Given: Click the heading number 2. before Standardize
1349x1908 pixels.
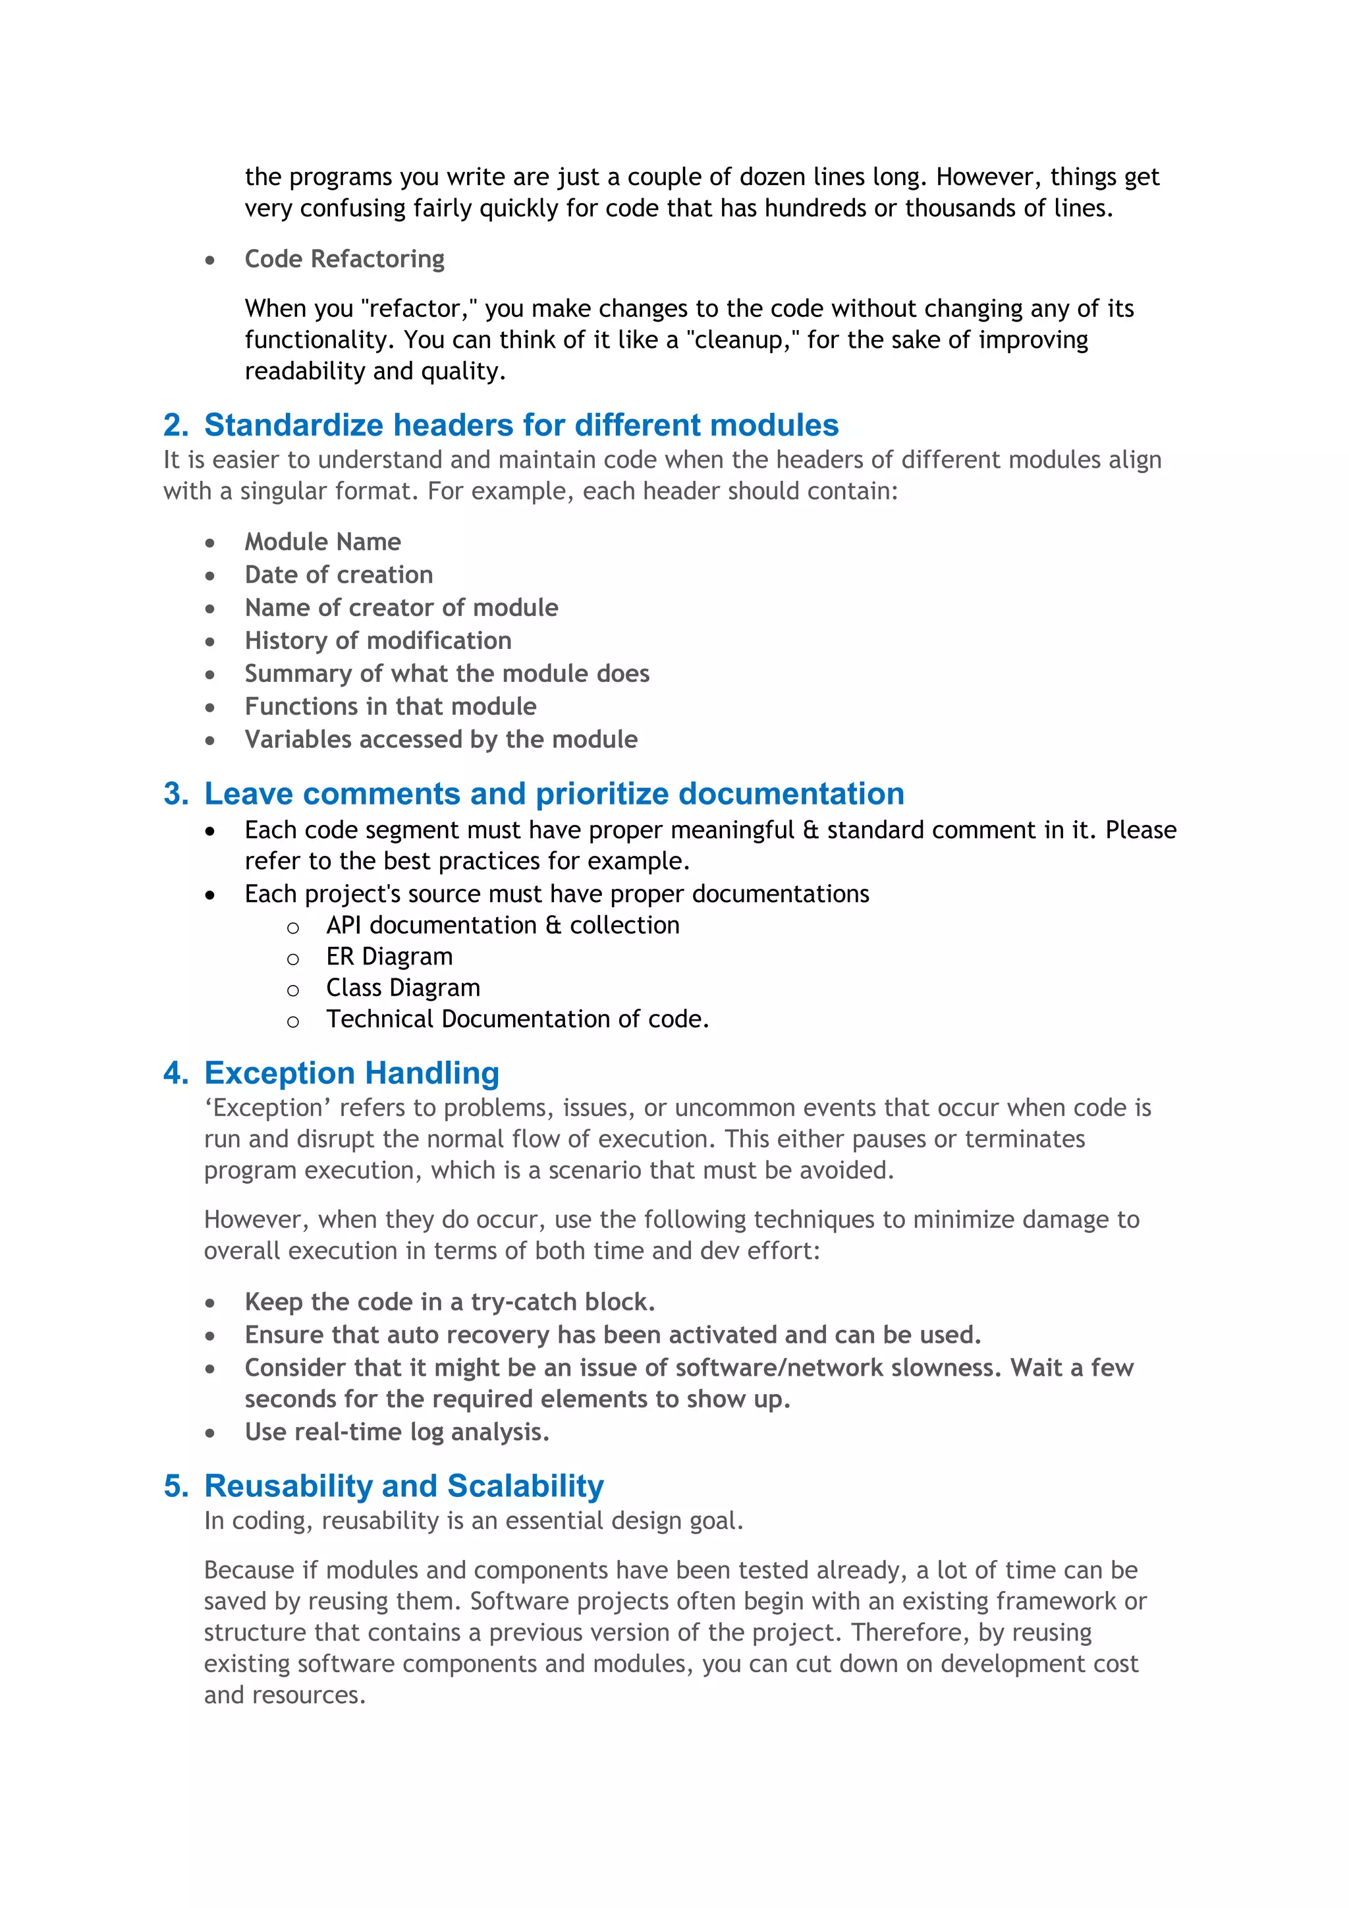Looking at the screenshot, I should [176, 426].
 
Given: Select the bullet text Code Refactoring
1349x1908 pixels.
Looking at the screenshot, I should [344, 260].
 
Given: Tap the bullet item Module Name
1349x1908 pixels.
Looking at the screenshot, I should [322, 542].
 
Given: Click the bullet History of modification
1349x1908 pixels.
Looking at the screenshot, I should [377, 640].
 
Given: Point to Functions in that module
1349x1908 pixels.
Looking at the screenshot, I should [391, 706].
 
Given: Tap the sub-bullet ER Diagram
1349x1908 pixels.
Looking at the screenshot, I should [389, 957].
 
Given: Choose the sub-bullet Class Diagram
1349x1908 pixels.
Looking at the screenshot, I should [403, 988].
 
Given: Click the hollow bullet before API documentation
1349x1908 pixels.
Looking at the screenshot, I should [292, 928].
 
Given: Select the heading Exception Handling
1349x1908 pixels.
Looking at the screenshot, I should [351, 1074].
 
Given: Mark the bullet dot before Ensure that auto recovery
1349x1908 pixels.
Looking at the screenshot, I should [210, 1336].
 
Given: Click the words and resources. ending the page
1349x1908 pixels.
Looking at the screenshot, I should [285, 1695].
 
